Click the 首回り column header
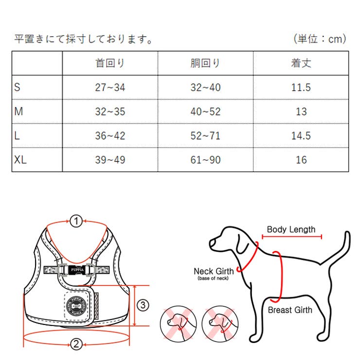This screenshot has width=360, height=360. click(109, 63)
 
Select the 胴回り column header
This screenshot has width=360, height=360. click(205, 63)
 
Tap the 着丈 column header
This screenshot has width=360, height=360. click(301, 63)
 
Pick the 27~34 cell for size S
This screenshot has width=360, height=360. click(109, 88)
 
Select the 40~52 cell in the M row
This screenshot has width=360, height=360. click(205, 111)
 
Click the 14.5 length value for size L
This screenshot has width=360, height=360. click(301, 136)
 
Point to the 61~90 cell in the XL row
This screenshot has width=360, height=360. click(205, 160)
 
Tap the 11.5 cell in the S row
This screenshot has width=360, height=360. click(301, 88)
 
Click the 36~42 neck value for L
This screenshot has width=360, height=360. click(109, 136)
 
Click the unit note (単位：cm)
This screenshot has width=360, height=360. click(320, 39)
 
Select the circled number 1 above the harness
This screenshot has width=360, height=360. click(75, 222)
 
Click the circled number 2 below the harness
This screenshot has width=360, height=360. click(75, 344)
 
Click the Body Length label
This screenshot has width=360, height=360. click(291, 230)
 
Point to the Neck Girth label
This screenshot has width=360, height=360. click(213, 271)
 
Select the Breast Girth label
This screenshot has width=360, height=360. click(290, 310)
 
